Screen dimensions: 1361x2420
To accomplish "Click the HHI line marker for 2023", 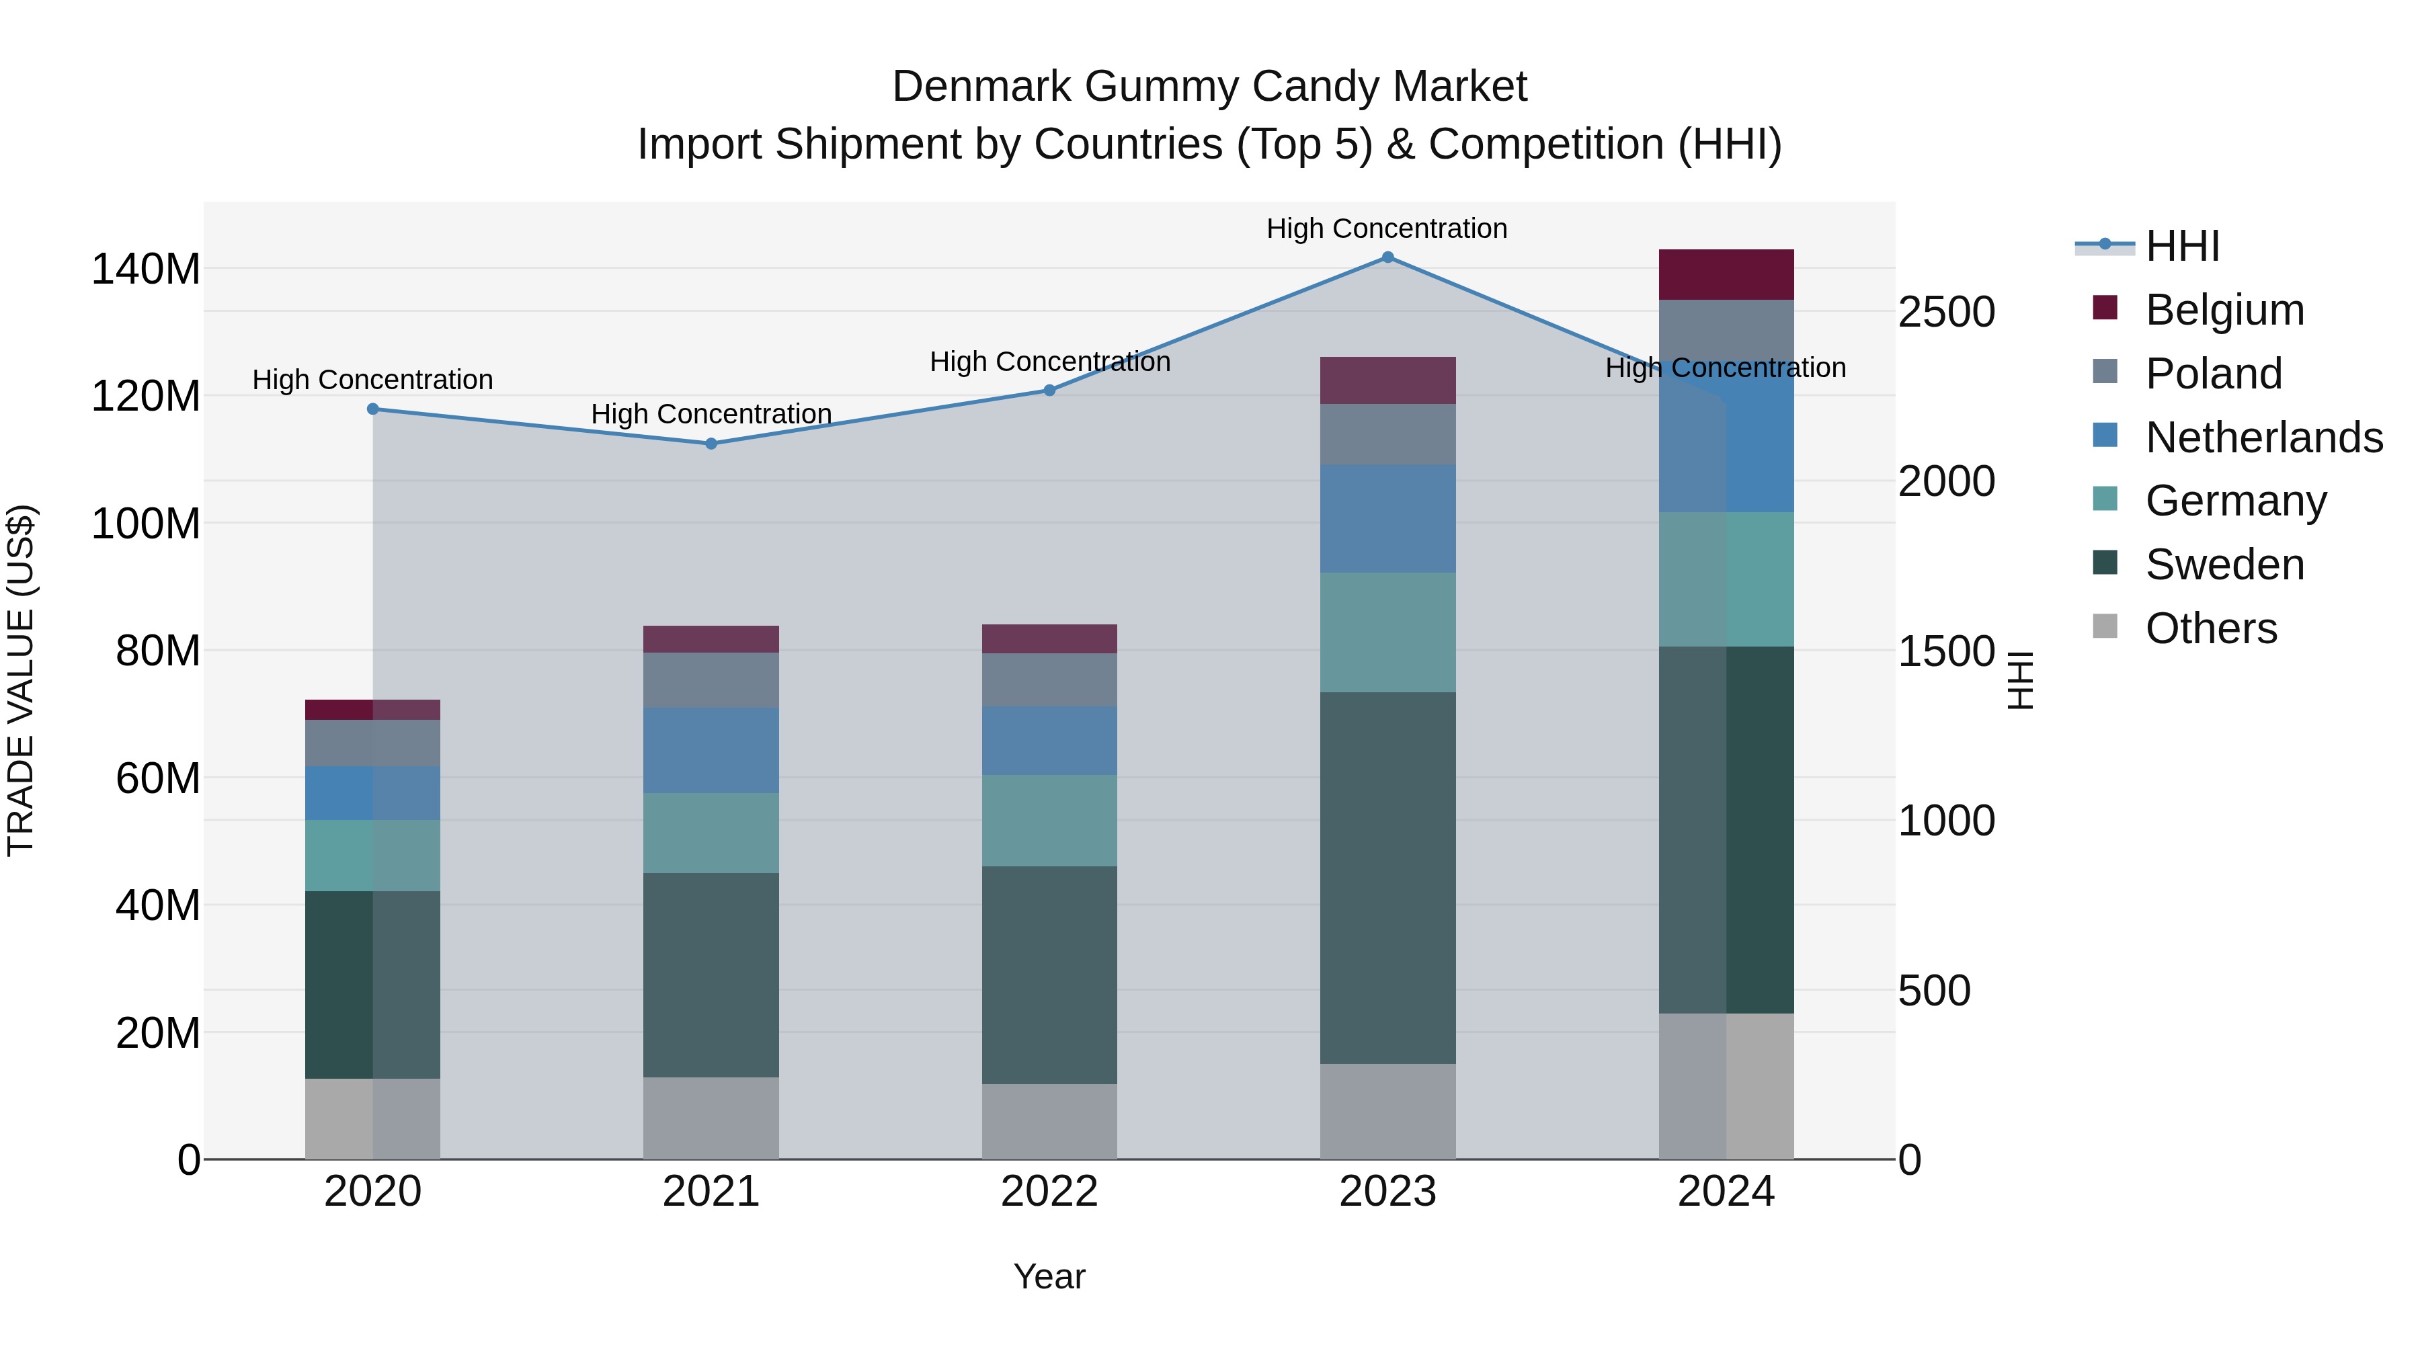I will pyautogui.click(x=1387, y=257).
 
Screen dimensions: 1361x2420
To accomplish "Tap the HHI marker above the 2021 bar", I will pyautogui.click(x=711, y=444).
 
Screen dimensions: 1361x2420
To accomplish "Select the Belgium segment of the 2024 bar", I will pyautogui.click(x=1726, y=274).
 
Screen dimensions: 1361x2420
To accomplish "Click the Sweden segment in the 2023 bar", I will pyautogui.click(x=1387, y=878).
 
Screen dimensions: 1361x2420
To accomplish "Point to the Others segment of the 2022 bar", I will pyautogui.click(x=1049, y=1122).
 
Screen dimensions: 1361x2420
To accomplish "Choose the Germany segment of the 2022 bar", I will pyautogui.click(x=1049, y=820).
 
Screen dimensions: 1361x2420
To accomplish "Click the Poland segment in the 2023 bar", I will pyautogui.click(x=1387, y=434).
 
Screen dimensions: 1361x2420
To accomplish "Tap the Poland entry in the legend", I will pyautogui.click(x=2214, y=374).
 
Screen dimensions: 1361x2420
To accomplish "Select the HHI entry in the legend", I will pyautogui.click(x=2181, y=246).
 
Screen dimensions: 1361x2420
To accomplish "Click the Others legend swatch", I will pyautogui.click(x=2105, y=626).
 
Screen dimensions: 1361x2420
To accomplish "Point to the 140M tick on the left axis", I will pyautogui.click(x=146, y=270).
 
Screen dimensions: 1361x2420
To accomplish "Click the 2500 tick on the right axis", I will pyautogui.click(x=1945, y=312).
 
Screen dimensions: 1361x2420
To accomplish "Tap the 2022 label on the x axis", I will pyautogui.click(x=1049, y=1192).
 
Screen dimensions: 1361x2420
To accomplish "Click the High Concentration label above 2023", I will pyautogui.click(x=1387, y=229).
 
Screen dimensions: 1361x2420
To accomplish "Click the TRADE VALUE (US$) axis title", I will pyautogui.click(x=21, y=680).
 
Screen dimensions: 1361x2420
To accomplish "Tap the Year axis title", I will pyautogui.click(x=1049, y=1276).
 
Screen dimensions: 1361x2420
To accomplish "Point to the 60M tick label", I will pyautogui.click(x=158, y=779).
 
